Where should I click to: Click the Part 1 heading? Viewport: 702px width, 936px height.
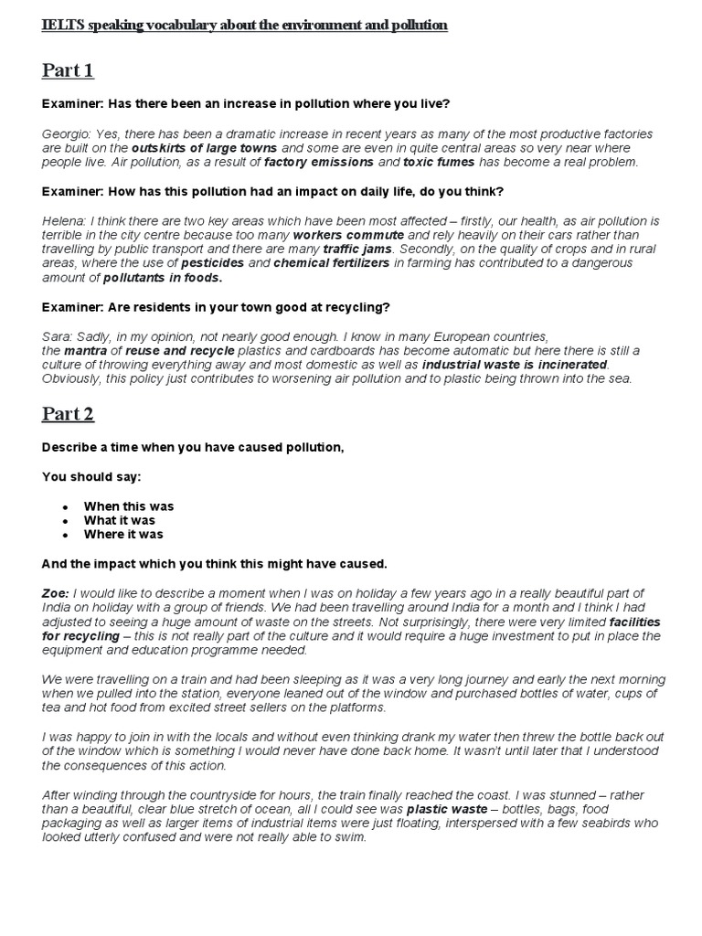click(68, 70)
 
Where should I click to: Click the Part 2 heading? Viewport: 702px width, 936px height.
click(68, 414)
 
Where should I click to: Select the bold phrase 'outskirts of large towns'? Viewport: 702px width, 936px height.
click(205, 147)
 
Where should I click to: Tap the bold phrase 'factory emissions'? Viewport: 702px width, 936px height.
click(318, 162)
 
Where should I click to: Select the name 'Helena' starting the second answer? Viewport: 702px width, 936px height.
click(63, 220)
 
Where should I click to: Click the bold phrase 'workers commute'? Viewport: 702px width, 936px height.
click(348, 235)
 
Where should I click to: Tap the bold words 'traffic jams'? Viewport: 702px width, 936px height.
click(357, 249)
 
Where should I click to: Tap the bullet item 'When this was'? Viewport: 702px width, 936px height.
click(128, 505)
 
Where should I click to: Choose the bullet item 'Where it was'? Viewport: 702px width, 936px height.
click(123, 534)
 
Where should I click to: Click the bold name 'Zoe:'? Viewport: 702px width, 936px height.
click(56, 593)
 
